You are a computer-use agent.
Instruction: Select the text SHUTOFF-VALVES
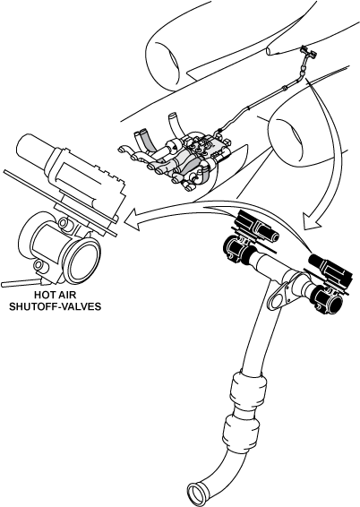[55, 306]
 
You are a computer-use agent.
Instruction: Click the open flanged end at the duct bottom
[197, 494]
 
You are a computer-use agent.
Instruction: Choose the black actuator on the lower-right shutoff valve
[330, 271]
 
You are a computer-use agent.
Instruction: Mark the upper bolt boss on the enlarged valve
[65, 224]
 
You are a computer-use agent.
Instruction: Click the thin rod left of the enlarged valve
[20, 284]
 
